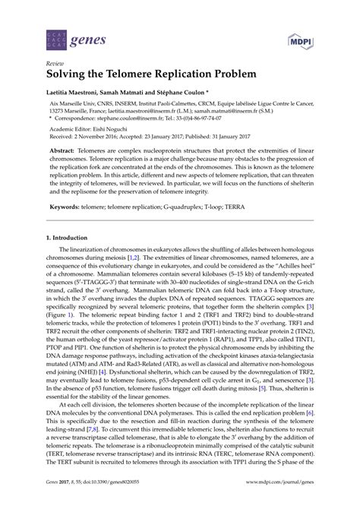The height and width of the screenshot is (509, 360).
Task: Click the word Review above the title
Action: (x=55, y=65)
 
